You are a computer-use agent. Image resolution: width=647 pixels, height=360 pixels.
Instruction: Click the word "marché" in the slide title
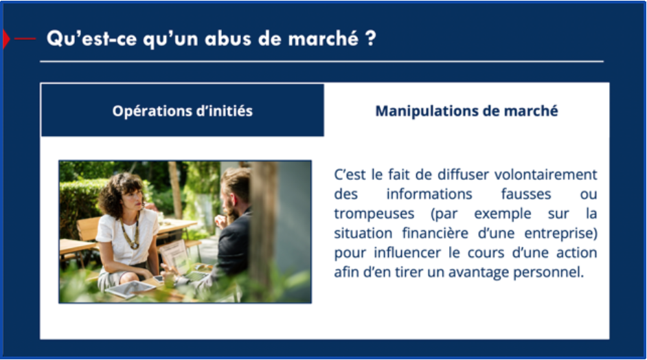coord(323,38)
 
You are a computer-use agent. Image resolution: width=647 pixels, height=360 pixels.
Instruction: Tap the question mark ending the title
coord(370,38)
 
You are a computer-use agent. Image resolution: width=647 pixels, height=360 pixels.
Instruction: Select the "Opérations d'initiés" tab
coord(183,110)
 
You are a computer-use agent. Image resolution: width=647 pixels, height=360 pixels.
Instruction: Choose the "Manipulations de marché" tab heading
coord(466,111)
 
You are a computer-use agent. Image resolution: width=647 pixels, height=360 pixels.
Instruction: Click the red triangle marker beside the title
coord(5,38)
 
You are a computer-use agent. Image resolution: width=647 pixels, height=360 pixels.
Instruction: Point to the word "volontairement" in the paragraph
coord(545,175)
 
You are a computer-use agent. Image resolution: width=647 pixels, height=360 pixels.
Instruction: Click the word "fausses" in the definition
coord(526,194)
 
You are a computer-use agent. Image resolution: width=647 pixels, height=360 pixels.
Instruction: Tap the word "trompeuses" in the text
coord(374,214)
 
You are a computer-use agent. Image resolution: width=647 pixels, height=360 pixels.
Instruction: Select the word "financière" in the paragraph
coord(435,233)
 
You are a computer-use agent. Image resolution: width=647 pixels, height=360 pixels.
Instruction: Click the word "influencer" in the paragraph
coord(407,252)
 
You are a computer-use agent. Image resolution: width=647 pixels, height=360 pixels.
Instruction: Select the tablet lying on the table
coord(130,289)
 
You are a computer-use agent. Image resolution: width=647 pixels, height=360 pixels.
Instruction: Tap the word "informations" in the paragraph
coord(429,194)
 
